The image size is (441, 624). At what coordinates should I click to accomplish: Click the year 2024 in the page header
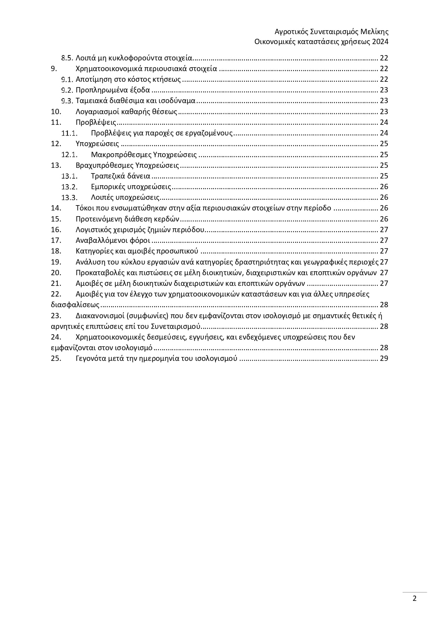(380, 42)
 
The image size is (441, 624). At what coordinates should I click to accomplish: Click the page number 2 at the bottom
(414, 598)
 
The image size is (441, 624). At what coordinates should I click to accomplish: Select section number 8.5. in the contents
(67, 58)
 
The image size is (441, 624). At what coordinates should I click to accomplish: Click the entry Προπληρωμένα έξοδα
(113, 90)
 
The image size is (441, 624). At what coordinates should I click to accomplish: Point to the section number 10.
(56, 112)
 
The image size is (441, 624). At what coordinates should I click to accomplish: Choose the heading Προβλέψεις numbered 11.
(96, 122)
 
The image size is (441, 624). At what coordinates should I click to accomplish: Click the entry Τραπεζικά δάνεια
(120, 176)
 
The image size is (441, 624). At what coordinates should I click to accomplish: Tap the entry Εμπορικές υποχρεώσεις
(131, 187)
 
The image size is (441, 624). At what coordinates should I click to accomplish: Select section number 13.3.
(69, 198)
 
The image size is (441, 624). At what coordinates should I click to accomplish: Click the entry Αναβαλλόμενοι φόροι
(113, 240)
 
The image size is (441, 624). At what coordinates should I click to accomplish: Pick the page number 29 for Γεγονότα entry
(384, 358)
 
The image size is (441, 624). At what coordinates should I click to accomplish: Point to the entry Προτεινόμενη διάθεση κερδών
(128, 219)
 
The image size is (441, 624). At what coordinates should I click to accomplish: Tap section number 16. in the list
(56, 230)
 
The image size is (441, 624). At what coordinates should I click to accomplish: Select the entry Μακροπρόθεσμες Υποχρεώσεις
(144, 155)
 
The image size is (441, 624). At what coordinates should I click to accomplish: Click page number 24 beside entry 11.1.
(384, 133)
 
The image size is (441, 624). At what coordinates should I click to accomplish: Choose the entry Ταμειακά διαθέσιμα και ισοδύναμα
(135, 101)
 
